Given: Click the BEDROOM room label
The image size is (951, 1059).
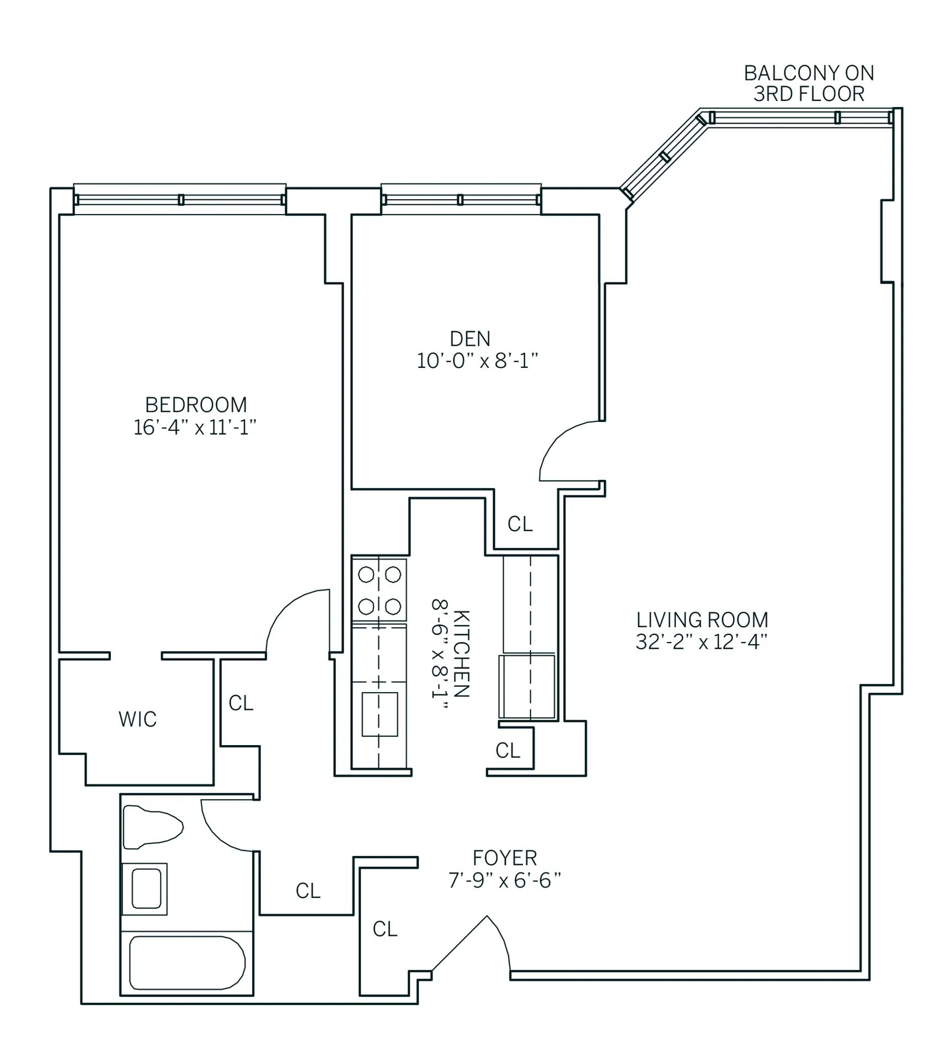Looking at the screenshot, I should (196, 405).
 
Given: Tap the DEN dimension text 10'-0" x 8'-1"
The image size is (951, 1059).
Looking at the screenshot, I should (477, 361).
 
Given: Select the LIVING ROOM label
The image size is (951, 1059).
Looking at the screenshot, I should (702, 620).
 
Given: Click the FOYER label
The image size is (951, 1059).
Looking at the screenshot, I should (504, 858).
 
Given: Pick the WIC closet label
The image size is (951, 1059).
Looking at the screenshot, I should (137, 719).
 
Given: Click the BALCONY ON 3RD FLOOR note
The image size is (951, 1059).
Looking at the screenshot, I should (809, 83).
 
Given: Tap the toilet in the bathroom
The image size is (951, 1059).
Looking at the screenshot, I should (151, 827).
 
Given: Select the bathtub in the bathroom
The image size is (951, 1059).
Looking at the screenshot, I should (186, 963).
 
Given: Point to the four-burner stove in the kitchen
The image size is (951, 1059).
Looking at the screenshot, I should (379, 590).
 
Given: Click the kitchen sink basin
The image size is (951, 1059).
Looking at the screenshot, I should (380, 714).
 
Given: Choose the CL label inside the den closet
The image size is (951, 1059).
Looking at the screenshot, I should (520, 524).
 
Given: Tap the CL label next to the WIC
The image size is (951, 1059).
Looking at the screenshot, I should (241, 703).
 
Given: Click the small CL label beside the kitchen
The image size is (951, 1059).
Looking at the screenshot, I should (507, 751).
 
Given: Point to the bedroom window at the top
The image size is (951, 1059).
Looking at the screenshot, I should (180, 199).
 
